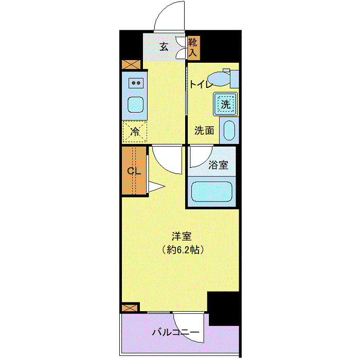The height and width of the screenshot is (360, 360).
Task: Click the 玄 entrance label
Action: click(164, 47)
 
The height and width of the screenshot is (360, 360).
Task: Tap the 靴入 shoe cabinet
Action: click(193, 48)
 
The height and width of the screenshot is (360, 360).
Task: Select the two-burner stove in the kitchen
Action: click(136, 83)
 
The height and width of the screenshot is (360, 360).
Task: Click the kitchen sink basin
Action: click(135, 105)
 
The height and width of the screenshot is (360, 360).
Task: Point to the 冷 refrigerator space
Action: click(135, 132)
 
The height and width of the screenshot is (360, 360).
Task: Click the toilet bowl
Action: click(219, 79)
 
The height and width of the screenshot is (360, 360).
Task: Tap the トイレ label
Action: click(201, 84)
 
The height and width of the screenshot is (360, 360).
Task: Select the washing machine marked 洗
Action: click(225, 104)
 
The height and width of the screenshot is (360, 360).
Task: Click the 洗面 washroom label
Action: click(204, 131)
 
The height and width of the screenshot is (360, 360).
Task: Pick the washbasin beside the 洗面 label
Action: click(229, 130)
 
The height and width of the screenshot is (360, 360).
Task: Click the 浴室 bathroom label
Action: click(218, 165)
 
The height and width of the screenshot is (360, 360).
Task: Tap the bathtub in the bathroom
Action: click(211, 192)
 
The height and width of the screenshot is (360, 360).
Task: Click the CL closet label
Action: click(134, 171)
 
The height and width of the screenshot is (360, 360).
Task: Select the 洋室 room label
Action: click(182, 236)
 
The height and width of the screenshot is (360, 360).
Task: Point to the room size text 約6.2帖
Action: click(183, 250)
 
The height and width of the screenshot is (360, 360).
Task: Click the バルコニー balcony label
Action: click(176, 332)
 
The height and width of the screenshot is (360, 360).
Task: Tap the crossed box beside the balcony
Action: click(130, 308)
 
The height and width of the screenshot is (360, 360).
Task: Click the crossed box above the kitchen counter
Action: click(131, 64)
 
